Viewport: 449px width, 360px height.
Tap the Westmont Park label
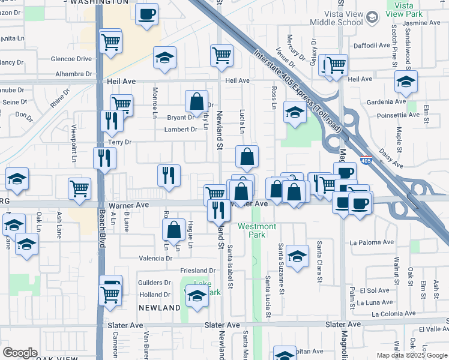point(257,230)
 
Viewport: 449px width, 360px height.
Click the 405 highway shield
point(366,160)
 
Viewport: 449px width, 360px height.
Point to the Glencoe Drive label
point(71,59)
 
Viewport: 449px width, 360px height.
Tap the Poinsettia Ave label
point(384,115)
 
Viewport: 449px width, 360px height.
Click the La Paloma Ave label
point(372,243)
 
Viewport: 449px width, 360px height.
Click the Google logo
point(20,352)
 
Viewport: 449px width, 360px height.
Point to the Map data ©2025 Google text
point(412,355)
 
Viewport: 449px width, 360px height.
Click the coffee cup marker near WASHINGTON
point(146,14)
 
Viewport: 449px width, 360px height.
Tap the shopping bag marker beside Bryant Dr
point(197,101)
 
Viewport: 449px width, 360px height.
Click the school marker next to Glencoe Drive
point(164,58)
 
